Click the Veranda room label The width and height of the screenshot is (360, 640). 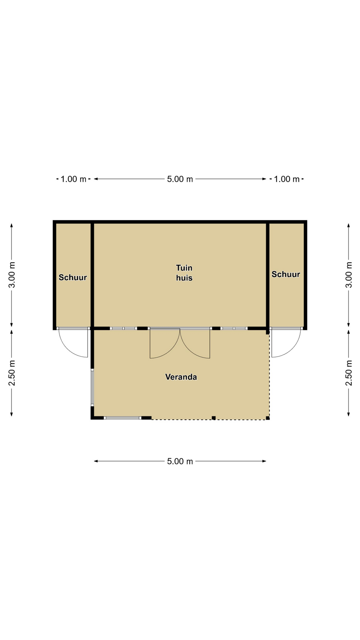coord(181,377)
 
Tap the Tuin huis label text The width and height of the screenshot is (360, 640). coord(184,273)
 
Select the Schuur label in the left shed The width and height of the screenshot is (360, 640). coord(73,277)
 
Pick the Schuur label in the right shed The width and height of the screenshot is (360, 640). coord(286,274)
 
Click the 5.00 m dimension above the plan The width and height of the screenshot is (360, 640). coord(180,179)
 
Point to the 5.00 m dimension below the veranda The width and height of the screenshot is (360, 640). coord(180,461)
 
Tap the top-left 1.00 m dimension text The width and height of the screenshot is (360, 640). coord(73,179)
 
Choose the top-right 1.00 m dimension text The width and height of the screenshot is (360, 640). coord(287,179)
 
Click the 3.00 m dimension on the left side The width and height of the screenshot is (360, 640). coord(12,275)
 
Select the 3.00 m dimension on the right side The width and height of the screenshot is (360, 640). coord(349,275)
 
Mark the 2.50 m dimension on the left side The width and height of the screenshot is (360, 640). coord(12,373)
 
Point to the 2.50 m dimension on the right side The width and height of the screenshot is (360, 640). coord(349,373)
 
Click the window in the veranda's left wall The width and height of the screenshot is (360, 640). coord(92,387)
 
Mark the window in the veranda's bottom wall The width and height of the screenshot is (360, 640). coord(122,418)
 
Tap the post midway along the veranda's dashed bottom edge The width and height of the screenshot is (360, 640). coord(214,418)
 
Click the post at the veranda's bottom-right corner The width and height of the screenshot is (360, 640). coord(268,418)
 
